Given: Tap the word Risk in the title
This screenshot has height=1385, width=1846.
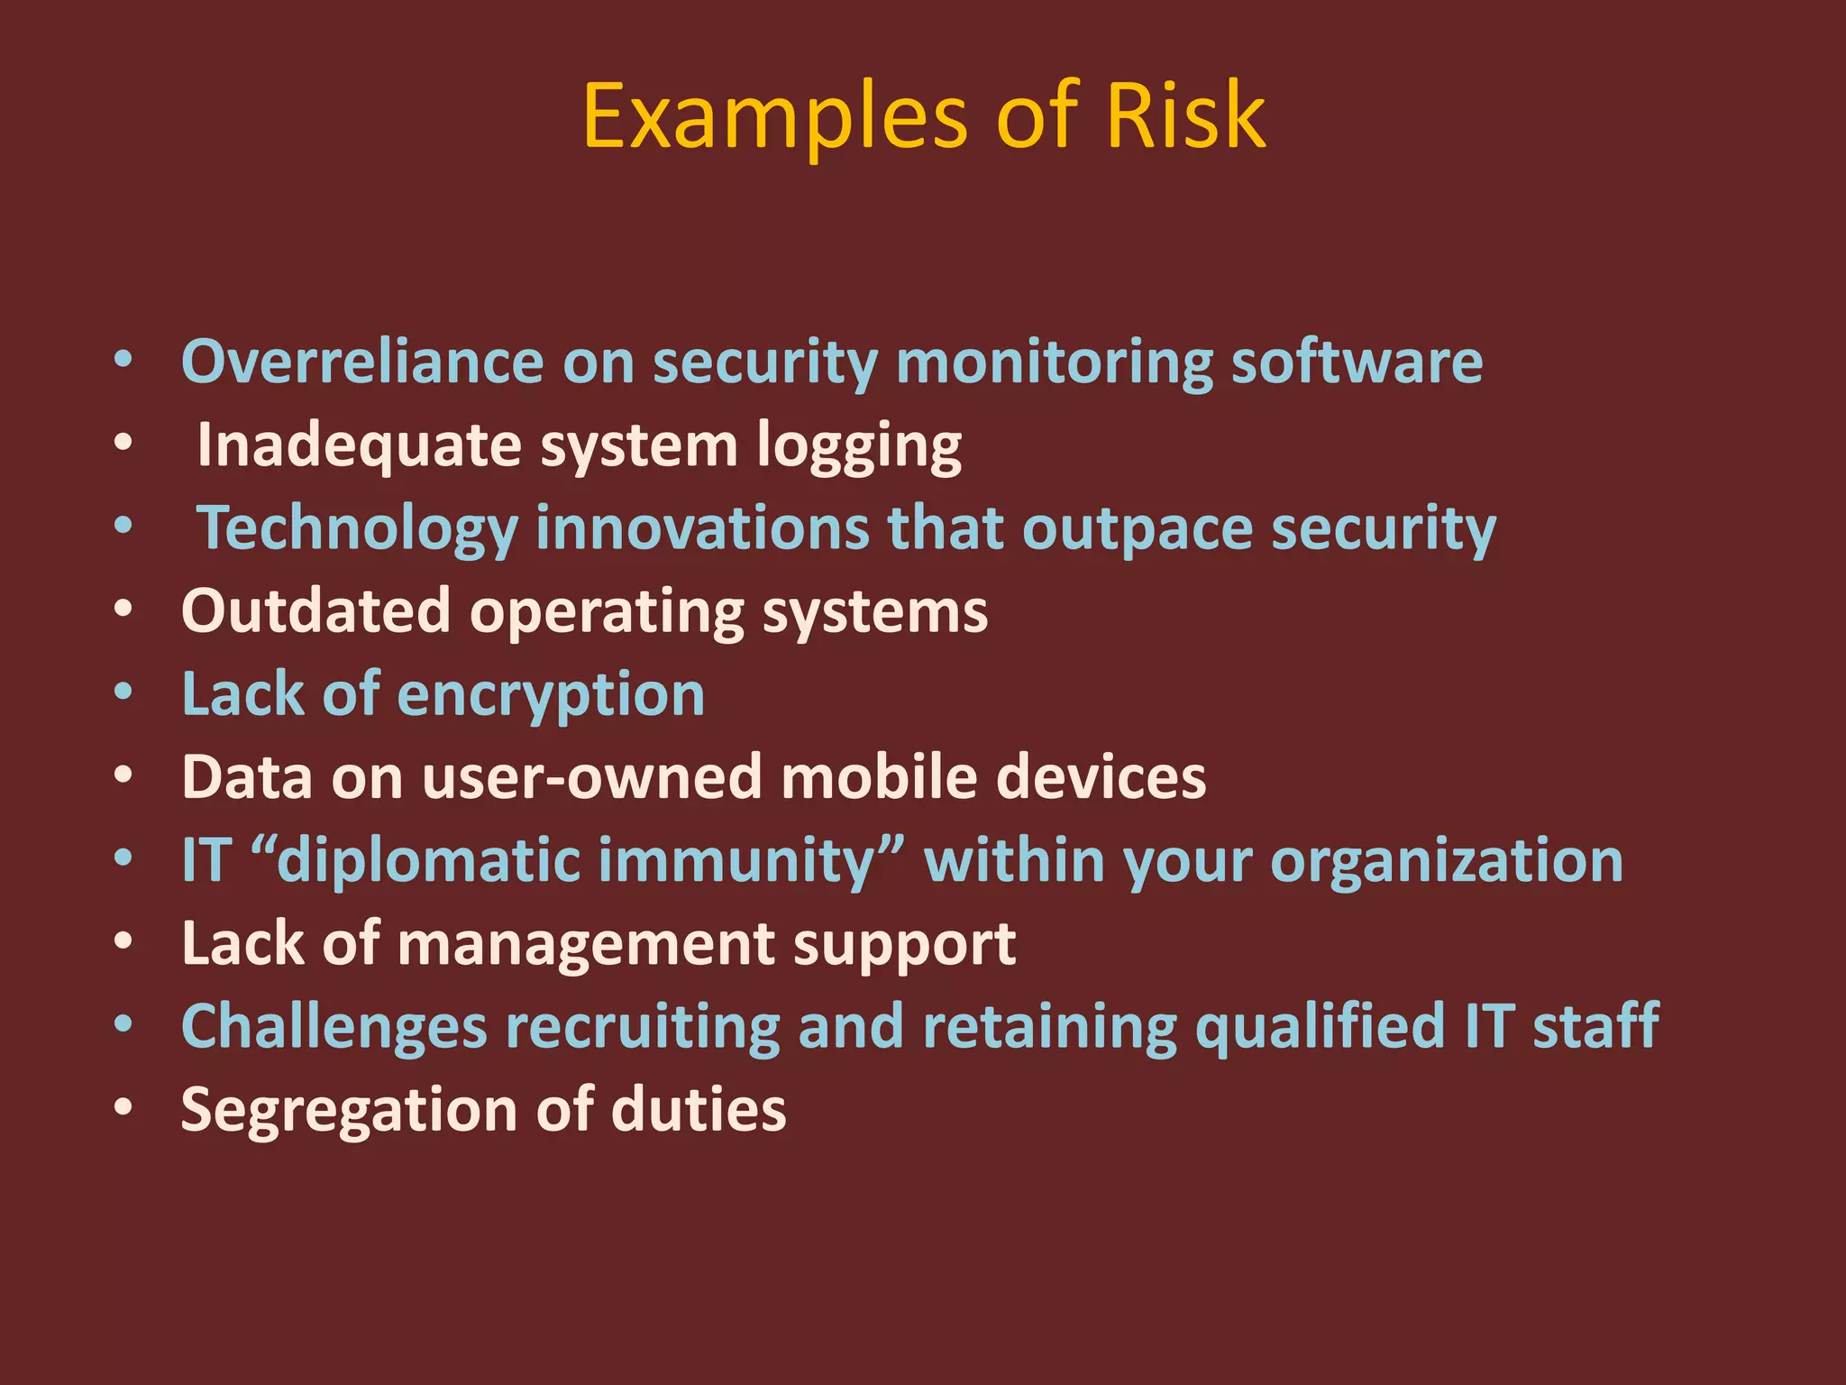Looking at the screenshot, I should click(1185, 117).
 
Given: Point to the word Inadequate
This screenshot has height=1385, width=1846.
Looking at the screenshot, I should click(359, 445).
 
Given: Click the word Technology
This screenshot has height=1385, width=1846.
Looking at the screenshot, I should click(357, 529).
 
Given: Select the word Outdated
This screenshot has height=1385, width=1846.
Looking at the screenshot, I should click(315, 611).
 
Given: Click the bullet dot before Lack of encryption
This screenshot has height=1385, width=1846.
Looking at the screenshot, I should click(123, 692).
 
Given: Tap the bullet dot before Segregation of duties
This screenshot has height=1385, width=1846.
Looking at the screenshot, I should click(123, 1107).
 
